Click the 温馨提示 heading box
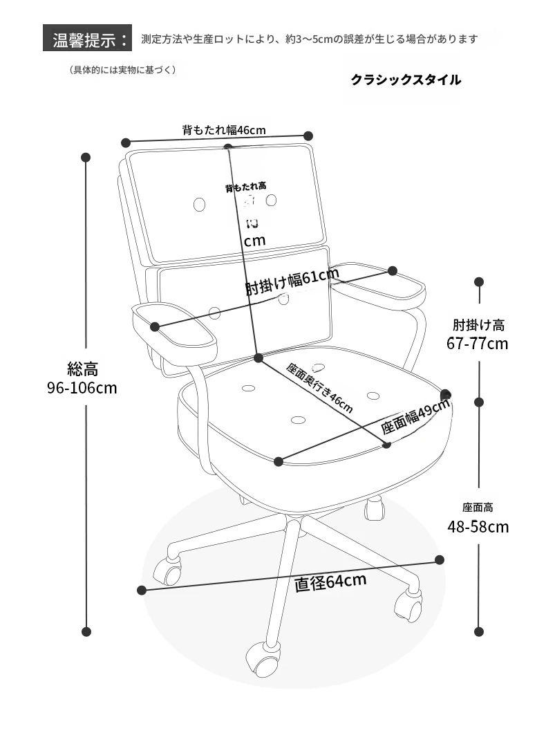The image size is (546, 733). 87,38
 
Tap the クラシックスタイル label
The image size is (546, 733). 406,80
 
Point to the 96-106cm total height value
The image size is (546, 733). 82,387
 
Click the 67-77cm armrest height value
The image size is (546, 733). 477,343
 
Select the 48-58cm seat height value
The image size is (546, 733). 478,527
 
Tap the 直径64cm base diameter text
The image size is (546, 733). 330,582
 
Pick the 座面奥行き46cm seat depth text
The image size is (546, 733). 320,388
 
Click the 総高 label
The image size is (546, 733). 82,369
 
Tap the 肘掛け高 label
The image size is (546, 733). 478,324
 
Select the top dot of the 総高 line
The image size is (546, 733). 86,158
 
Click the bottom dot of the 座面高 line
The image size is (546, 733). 479,631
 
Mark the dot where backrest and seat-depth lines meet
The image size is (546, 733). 258,358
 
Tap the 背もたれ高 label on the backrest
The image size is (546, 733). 245,187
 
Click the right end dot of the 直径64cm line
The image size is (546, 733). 440,559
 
